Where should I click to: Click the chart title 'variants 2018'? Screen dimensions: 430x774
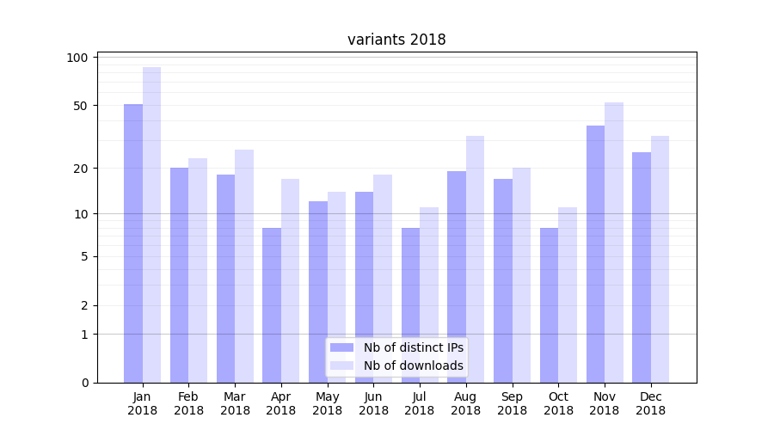pos(396,40)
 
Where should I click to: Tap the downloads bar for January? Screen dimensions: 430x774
pos(151,224)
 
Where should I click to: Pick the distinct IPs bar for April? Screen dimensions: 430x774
pos(272,305)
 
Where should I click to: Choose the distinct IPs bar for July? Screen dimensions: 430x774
pos(410,305)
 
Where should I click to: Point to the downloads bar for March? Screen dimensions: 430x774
pos(244,266)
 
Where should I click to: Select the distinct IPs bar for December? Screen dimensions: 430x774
pos(642,267)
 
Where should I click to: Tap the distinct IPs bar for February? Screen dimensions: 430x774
pos(179,275)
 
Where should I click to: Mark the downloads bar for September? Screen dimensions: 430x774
pos(521,275)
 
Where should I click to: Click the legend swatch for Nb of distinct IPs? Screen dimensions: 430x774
pos(342,347)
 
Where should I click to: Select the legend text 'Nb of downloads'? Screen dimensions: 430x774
pos(414,365)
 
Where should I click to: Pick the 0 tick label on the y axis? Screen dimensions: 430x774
pos(84,383)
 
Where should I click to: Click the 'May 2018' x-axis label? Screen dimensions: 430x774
pos(327,403)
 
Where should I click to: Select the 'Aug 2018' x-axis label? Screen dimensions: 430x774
pos(466,403)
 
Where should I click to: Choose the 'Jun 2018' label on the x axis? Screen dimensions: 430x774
pos(373,403)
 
